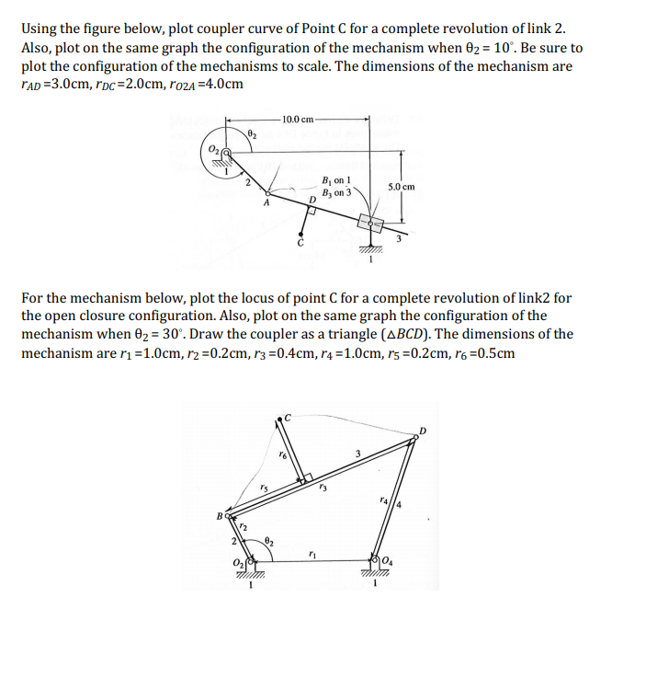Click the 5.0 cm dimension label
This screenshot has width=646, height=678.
(x=402, y=187)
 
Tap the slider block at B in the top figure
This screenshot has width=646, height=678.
(x=369, y=223)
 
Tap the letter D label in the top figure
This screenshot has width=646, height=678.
(x=312, y=200)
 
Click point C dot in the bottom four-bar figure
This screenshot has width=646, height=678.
(x=279, y=421)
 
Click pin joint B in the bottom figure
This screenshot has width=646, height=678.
(x=227, y=518)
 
